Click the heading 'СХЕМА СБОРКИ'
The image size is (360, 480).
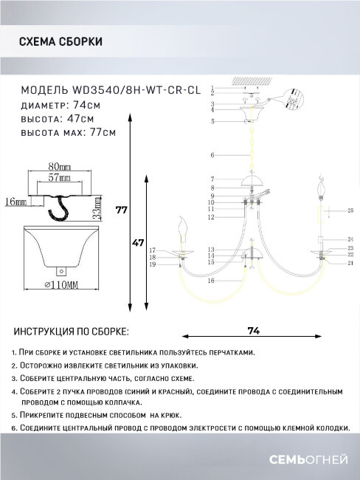(61, 42)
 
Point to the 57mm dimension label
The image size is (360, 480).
(60, 178)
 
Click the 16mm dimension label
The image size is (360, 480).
(15, 200)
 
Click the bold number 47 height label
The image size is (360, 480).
(137, 241)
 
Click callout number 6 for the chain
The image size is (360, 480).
(211, 156)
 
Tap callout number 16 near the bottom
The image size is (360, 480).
(211, 281)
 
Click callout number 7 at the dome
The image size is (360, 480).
(211, 179)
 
